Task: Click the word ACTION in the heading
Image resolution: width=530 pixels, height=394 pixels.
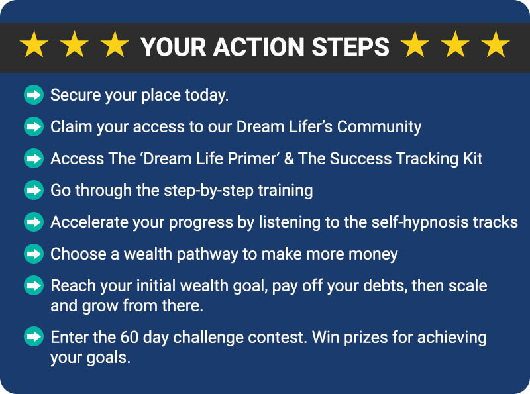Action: (259, 46)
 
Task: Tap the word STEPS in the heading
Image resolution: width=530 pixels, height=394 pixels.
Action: (350, 46)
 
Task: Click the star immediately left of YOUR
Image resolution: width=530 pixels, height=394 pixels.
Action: (115, 44)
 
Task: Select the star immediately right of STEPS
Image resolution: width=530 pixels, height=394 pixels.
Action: (415, 44)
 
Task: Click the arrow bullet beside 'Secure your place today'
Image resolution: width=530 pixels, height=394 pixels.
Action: (34, 95)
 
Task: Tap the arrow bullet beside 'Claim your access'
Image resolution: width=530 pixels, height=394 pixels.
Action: (34, 126)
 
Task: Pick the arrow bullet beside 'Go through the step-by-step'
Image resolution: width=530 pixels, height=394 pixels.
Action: (34, 190)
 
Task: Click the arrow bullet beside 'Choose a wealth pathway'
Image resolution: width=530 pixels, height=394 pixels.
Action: (34, 254)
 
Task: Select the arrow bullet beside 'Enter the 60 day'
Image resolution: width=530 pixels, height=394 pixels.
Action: (34, 337)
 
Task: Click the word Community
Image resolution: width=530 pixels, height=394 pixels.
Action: (379, 127)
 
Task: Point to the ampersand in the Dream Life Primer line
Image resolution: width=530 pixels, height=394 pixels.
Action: (289, 158)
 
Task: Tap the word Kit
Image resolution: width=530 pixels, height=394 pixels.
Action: (472, 158)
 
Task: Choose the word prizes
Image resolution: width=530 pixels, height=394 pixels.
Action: (366, 338)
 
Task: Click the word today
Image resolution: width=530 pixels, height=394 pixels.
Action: (207, 95)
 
